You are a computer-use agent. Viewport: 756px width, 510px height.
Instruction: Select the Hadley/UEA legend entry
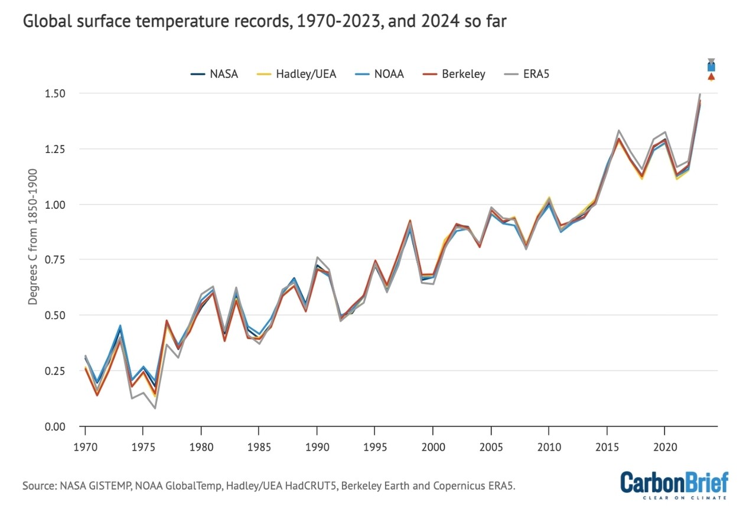pyautogui.click(x=298, y=74)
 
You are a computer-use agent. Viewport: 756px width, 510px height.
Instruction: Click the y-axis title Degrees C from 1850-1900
pyautogui.click(x=34, y=236)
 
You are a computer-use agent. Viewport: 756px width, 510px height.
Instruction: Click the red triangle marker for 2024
pyautogui.click(x=711, y=77)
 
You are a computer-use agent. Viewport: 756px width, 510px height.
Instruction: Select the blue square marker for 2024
pyautogui.click(x=711, y=67)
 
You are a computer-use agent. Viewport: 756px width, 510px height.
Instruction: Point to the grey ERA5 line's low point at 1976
pyautogui.click(x=155, y=408)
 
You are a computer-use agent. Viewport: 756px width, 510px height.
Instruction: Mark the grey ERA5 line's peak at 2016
pyautogui.click(x=618, y=131)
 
